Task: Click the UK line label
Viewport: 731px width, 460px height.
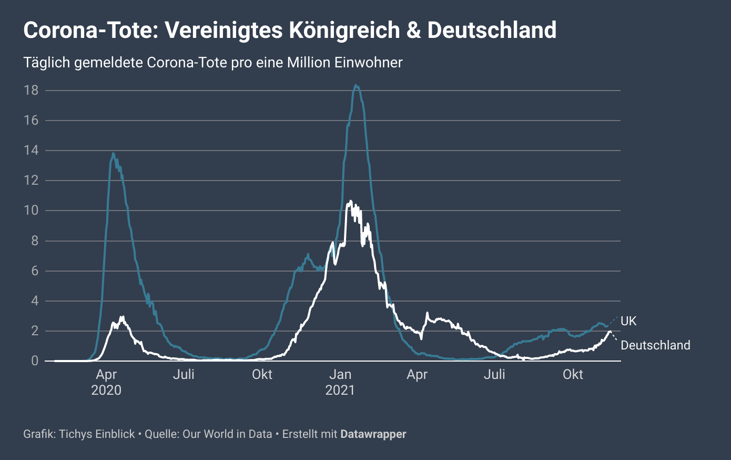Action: point(628,321)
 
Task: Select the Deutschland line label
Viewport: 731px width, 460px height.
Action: point(655,345)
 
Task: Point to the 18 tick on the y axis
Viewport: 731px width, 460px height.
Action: point(31,91)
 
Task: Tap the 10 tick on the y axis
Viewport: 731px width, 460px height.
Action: point(31,211)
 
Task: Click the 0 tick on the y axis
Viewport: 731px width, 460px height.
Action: point(35,361)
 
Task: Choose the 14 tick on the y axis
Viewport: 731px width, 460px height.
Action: point(31,151)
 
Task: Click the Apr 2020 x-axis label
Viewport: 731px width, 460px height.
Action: point(106,382)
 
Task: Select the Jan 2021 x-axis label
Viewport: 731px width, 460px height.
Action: point(340,382)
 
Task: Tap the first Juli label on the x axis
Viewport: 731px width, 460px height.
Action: point(184,375)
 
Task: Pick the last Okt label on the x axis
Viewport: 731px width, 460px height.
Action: point(573,375)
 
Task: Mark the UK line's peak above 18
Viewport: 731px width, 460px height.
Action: point(356,85)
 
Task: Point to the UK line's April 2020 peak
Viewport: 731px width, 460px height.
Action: point(113,154)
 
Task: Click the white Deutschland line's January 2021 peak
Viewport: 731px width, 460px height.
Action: point(350,201)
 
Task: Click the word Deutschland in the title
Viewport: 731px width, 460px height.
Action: point(492,30)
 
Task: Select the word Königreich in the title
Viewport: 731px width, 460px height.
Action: point(344,30)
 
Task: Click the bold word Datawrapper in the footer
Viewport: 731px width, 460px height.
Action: point(373,434)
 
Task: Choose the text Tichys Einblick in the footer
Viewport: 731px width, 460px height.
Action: point(97,434)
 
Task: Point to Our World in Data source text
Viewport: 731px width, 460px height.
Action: point(227,434)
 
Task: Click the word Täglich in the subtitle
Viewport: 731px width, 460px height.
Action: point(46,63)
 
